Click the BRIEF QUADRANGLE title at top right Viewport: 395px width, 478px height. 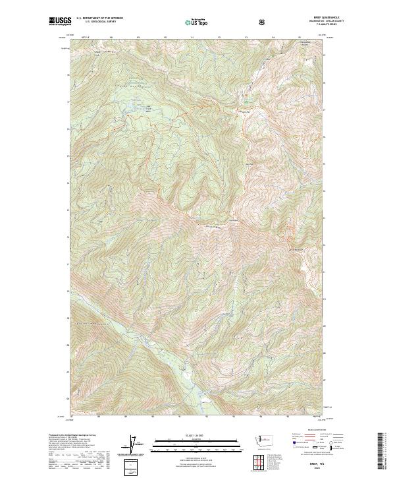tap(307, 18)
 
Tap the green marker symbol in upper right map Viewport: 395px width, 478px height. tap(247, 101)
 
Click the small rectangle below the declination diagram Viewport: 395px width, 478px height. tap(132, 465)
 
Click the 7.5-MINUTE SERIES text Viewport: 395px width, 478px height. tap(307, 26)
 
